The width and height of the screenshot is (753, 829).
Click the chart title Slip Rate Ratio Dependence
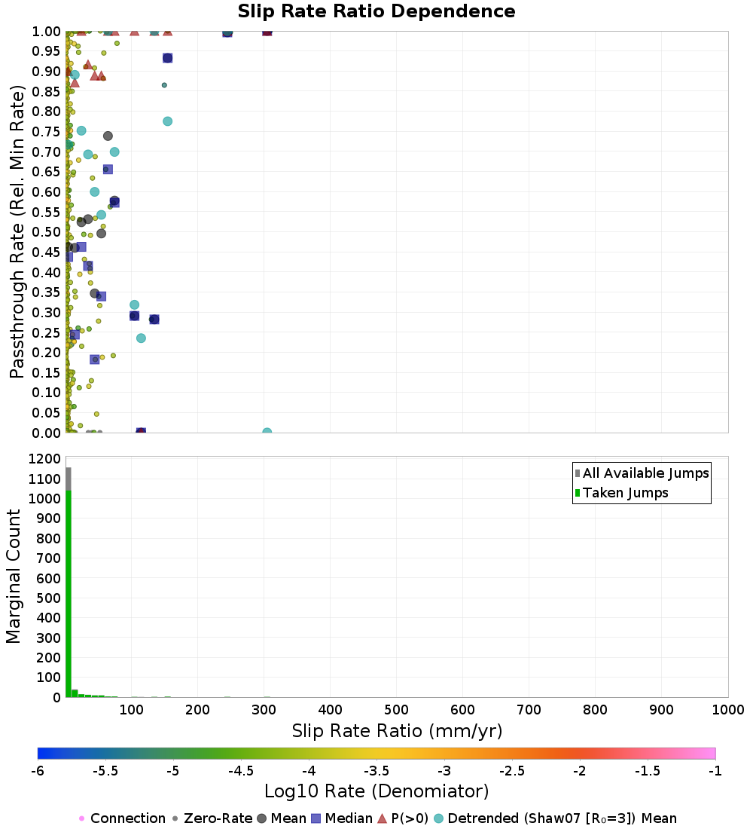376,12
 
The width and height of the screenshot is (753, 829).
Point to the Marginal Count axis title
14,577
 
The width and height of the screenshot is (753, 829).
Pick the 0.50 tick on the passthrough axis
47,231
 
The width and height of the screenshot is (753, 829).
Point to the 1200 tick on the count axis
45,459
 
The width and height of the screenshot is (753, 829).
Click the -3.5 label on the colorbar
376,771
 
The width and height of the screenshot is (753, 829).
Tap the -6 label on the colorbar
38,771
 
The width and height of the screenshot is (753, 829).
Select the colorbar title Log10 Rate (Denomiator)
376,792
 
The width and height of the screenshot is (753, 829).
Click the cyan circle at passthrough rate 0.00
267,433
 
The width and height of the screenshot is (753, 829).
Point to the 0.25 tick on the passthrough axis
47,332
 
